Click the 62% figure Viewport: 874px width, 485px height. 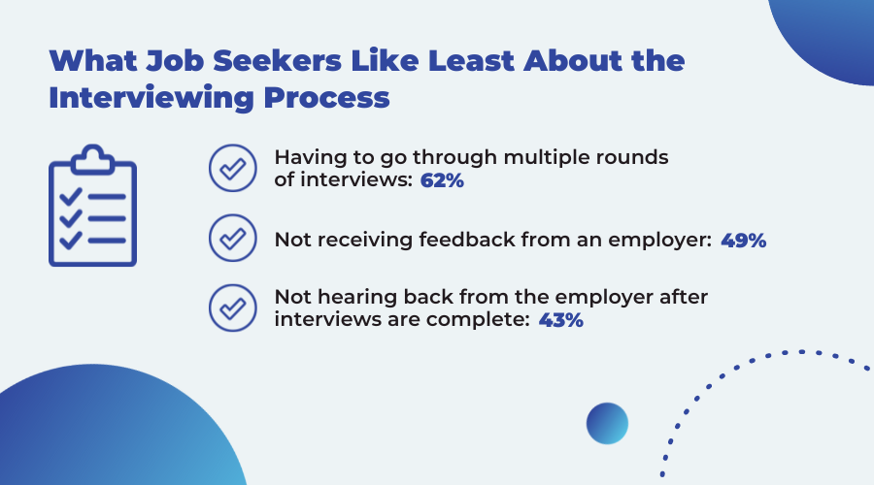tap(442, 180)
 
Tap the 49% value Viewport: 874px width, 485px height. tap(744, 240)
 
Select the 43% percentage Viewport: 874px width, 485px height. tap(560, 320)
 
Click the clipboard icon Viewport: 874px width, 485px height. tap(92, 206)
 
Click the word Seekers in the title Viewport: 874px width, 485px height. tap(277, 61)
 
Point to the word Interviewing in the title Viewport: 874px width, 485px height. tap(151, 98)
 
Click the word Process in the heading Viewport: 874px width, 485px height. tap(326, 98)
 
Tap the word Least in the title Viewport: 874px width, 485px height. tap(472, 61)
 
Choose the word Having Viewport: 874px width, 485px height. tap(310, 157)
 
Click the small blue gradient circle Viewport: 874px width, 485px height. tap(607, 423)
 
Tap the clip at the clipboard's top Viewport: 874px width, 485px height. tap(93, 160)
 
